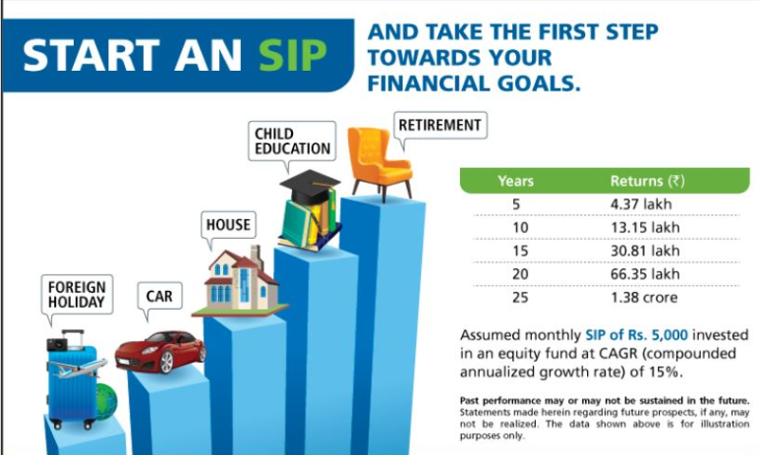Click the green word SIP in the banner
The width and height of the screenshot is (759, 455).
pyautogui.click(x=293, y=55)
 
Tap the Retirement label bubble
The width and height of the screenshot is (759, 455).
pyautogui.click(x=440, y=126)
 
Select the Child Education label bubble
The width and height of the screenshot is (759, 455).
pyautogui.click(x=292, y=141)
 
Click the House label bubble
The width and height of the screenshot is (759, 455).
pyautogui.click(x=228, y=225)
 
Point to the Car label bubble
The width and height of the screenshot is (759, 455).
pyautogui.click(x=159, y=296)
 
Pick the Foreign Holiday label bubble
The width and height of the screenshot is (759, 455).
pyautogui.click(x=77, y=294)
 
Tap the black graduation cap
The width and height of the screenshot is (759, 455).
pyautogui.click(x=310, y=187)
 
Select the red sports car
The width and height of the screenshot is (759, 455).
pyautogui.click(x=160, y=352)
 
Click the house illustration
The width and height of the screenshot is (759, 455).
pyautogui.click(x=241, y=282)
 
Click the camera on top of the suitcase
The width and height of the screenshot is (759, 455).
pyautogui.click(x=57, y=344)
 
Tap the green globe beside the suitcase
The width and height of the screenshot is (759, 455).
pyautogui.click(x=106, y=402)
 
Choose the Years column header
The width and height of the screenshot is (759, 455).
pyautogui.click(x=516, y=181)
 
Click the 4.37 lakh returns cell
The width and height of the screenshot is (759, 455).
pyautogui.click(x=641, y=204)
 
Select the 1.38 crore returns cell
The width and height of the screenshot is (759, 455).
pyautogui.click(x=644, y=297)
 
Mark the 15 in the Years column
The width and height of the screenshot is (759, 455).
pyautogui.click(x=520, y=251)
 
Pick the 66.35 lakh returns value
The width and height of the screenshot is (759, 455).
pyautogui.click(x=645, y=274)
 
